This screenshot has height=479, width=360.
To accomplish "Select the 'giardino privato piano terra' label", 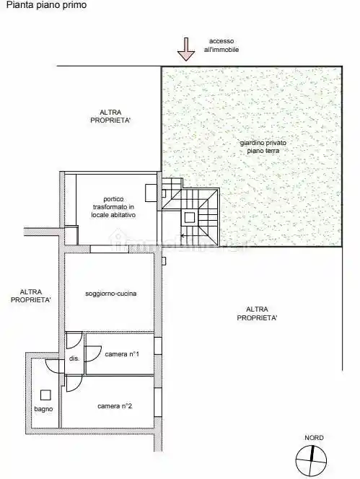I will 263,148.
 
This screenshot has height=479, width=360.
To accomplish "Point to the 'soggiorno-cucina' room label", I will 111,294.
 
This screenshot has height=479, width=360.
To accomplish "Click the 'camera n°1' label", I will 122,354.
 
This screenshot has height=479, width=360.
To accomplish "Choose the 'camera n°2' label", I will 115,406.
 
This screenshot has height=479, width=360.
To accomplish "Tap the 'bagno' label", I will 43,410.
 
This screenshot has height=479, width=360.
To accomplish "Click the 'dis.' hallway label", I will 74,359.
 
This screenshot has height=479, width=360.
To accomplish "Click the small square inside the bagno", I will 45,395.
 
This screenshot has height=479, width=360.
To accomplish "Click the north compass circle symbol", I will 312,457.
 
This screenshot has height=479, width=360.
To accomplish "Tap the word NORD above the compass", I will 314,438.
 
